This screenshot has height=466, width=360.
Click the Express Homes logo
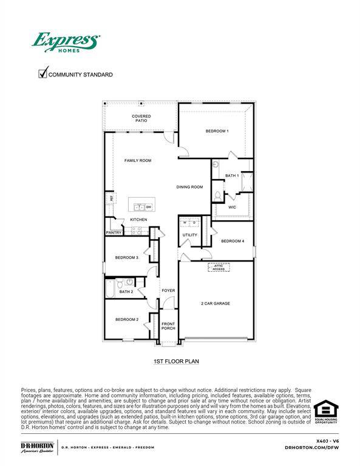point(66,42)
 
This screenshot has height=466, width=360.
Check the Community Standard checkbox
point(43,73)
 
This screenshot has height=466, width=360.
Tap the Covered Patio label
point(141,118)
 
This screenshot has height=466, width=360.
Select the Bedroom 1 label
point(217,132)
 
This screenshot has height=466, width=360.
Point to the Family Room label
point(138,161)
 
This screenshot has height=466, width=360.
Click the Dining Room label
point(189,187)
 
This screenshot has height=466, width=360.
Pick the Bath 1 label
point(232,175)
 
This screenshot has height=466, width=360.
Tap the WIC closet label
point(232,207)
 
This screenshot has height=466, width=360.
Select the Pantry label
point(114,232)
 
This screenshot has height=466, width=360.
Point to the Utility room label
point(189,235)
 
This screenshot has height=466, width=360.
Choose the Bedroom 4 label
point(233,241)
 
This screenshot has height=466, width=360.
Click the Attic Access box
point(219,267)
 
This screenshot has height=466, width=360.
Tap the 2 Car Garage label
point(215,303)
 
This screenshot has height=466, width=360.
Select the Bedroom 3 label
point(127,258)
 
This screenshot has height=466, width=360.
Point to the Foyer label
point(168,291)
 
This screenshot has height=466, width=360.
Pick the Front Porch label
point(168,326)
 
